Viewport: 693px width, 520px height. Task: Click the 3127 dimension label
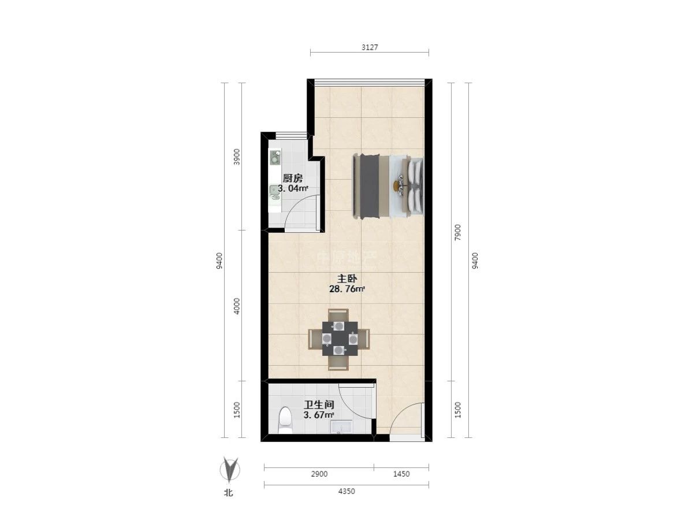pos(370,47)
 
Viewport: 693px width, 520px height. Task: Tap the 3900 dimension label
pos(237,157)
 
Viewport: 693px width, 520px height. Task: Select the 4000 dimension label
pos(237,306)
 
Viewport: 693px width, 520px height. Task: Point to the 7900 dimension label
pos(457,232)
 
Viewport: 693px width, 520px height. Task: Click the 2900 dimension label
pos(319,474)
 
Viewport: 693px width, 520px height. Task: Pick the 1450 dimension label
pos(401,474)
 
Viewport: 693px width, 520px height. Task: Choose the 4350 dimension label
pos(346,491)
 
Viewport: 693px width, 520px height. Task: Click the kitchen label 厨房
pos(292,179)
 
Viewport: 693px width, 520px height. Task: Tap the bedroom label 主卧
pos(347,278)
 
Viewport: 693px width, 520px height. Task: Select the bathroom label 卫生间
pos(319,404)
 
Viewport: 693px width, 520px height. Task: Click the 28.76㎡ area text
pos(347,289)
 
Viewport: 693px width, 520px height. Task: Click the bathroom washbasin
pos(341,426)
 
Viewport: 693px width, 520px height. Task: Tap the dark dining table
pos(340,339)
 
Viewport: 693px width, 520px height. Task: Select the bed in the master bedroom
pos(388,186)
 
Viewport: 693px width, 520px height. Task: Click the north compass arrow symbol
pos(230,470)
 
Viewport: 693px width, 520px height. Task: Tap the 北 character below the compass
pos(228,492)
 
